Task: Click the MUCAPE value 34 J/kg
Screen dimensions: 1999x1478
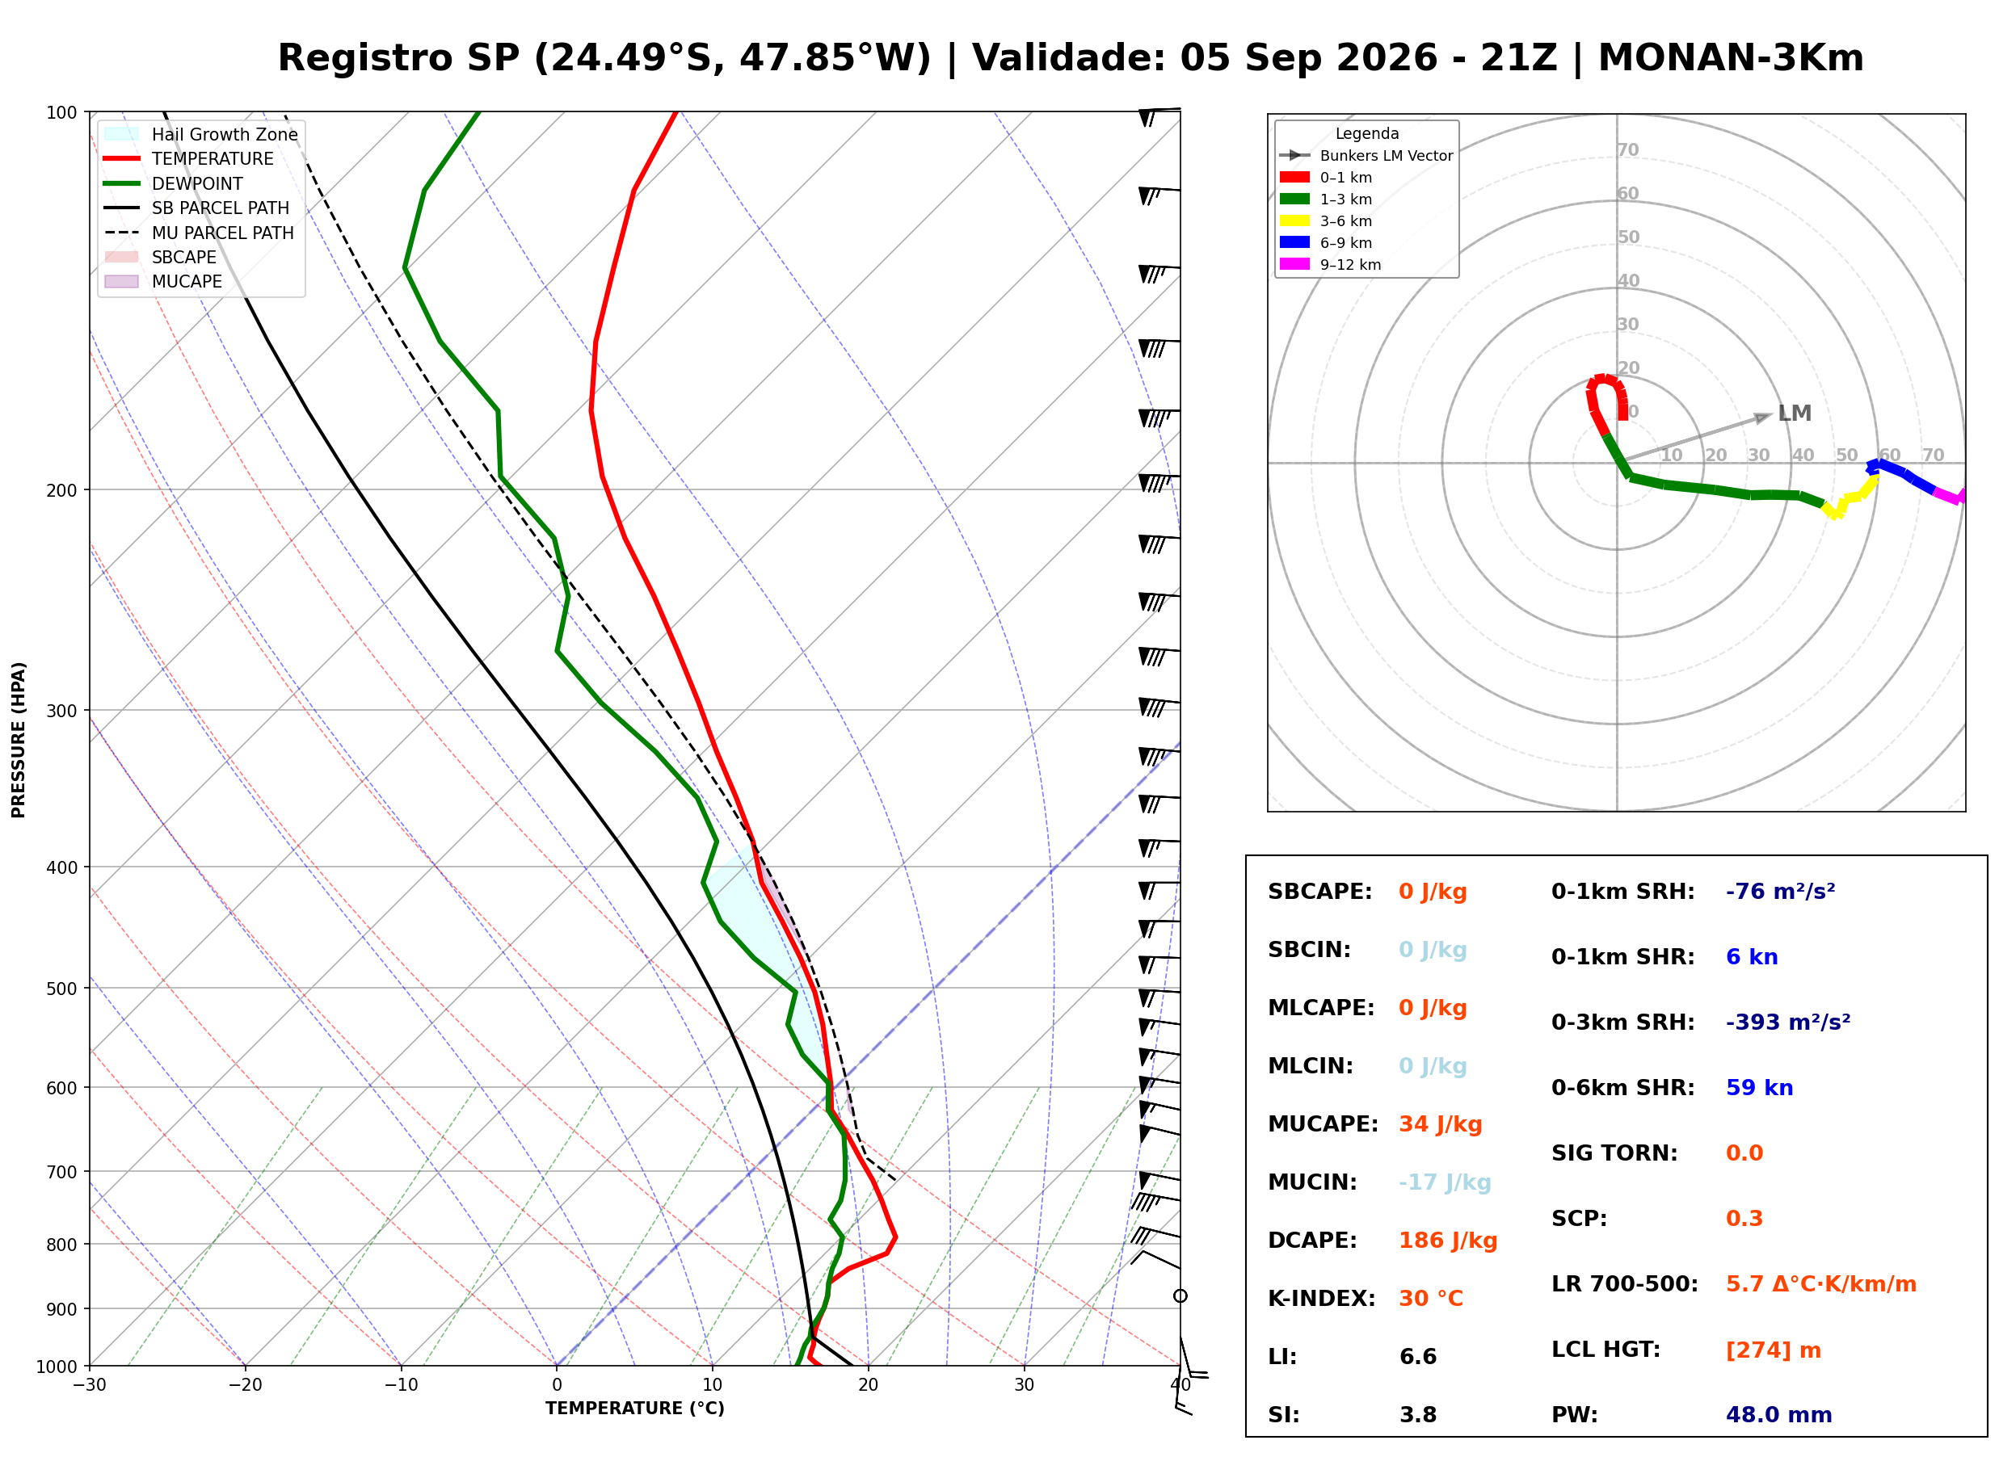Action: [x=1440, y=1123]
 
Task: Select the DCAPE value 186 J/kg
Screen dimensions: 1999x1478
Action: [x=1448, y=1240]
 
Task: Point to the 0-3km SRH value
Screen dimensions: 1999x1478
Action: [x=1788, y=1022]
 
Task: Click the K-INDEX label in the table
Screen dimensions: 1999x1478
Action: [x=1322, y=1298]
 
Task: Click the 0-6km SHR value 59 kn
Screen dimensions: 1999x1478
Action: [x=1759, y=1087]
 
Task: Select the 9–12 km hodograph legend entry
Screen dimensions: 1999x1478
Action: [x=1331, y=264]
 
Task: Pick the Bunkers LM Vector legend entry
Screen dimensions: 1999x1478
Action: [x=1366, y=156]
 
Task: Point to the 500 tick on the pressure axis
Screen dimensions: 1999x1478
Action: [x=61, y=989]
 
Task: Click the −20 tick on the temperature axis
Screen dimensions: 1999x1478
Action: [x=244, y=1385]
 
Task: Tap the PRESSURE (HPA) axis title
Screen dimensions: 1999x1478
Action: [x=19, y=739]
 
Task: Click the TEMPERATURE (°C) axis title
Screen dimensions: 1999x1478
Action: [x=634, y=1409]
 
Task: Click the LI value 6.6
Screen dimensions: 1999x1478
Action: [x=1417, y=1356]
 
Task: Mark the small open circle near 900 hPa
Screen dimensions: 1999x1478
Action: [x=1180, y=1295]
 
